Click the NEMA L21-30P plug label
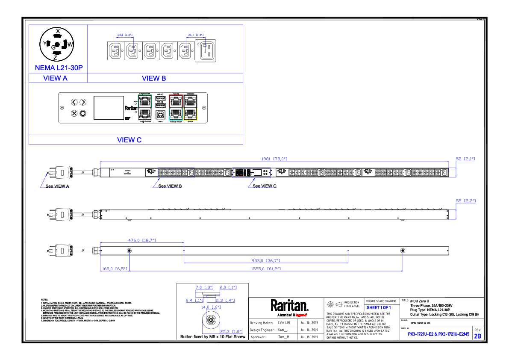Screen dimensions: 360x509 [59, 68]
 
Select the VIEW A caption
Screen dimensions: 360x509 [56, 78]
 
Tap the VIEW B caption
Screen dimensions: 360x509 [154, 78]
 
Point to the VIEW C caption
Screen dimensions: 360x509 [129, 140]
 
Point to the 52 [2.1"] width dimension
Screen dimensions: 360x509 [465, 159]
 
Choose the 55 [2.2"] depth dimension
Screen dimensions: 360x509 [466, 200]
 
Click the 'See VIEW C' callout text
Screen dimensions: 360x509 [265, 186]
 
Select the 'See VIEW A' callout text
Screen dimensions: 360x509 [57, 186]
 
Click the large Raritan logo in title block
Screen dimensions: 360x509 [289, 306]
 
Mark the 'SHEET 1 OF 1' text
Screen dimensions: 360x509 [379, 307]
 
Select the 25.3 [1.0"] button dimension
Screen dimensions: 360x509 [231, 331]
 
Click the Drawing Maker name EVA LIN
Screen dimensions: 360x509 [284, 323]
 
